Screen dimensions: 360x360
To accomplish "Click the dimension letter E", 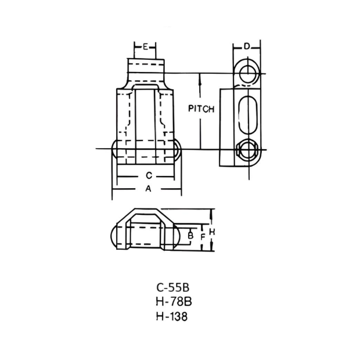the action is coord(145,47).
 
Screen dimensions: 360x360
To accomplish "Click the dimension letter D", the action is coord(247,46).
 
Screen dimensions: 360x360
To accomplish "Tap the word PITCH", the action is coord(201,109).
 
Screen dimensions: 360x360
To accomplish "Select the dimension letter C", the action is coord(149,175).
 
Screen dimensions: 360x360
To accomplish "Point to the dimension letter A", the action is coord(149,189).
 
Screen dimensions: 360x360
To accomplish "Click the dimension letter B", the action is coord(190,236).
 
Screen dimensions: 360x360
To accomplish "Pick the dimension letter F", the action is coord(203,237).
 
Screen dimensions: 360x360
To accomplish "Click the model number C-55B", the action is coord(173,287).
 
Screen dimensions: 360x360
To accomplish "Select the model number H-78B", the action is coord(174,302).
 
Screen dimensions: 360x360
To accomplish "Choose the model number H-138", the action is coord(172,316).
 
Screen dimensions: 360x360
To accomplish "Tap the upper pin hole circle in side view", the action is coord(248,74).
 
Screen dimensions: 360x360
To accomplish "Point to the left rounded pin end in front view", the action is coord(114,149).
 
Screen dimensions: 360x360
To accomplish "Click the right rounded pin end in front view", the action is coord(178,149).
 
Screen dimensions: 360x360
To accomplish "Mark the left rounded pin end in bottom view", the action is coord(114,236).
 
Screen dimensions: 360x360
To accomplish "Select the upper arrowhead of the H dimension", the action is coord(211,213).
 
